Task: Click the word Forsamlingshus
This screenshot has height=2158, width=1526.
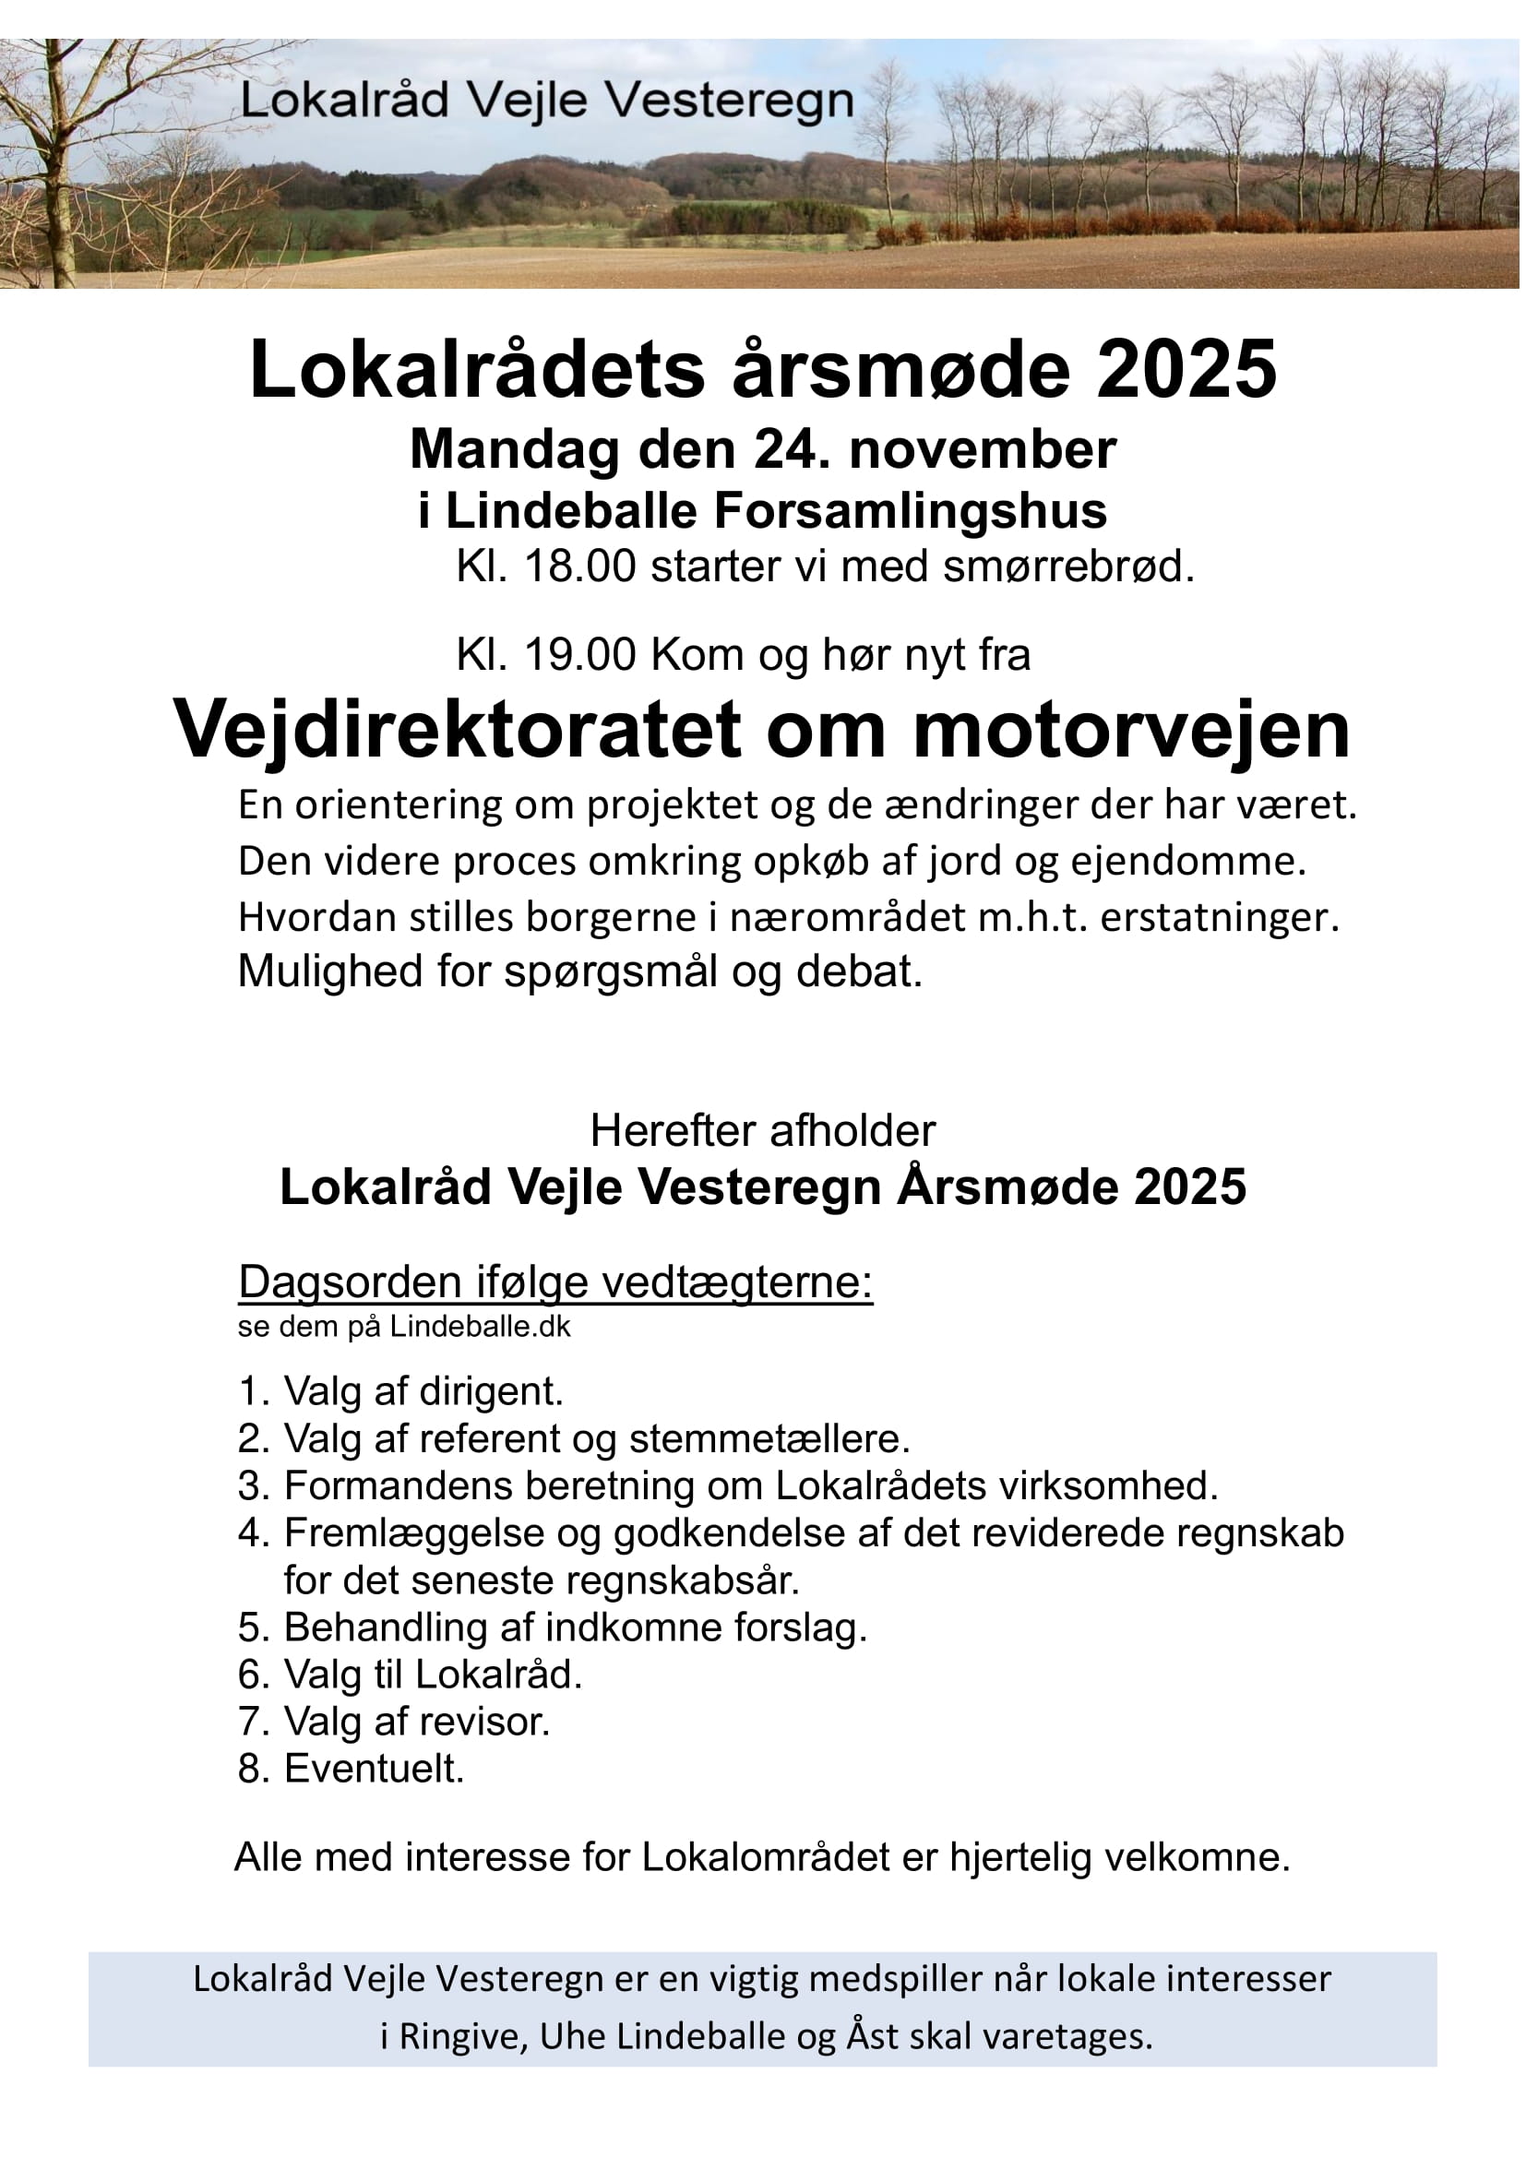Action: click(911, 511)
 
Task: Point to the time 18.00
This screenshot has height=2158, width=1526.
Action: click(579, 566)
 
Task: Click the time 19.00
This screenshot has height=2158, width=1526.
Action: click(579, 654)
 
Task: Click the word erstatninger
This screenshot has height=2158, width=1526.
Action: click(1220, 917)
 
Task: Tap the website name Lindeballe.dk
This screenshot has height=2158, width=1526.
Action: click(480, 1326)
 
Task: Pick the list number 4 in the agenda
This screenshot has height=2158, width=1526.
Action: click(252, 1534)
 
